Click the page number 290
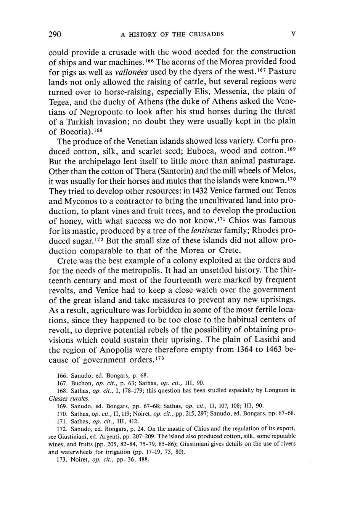click(x=55, y=34)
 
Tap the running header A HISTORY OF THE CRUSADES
click(x=172, y=35)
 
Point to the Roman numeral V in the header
click(x=293, y=34)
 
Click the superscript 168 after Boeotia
click(x=98, y=130)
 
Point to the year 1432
click(x=193, y=191)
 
